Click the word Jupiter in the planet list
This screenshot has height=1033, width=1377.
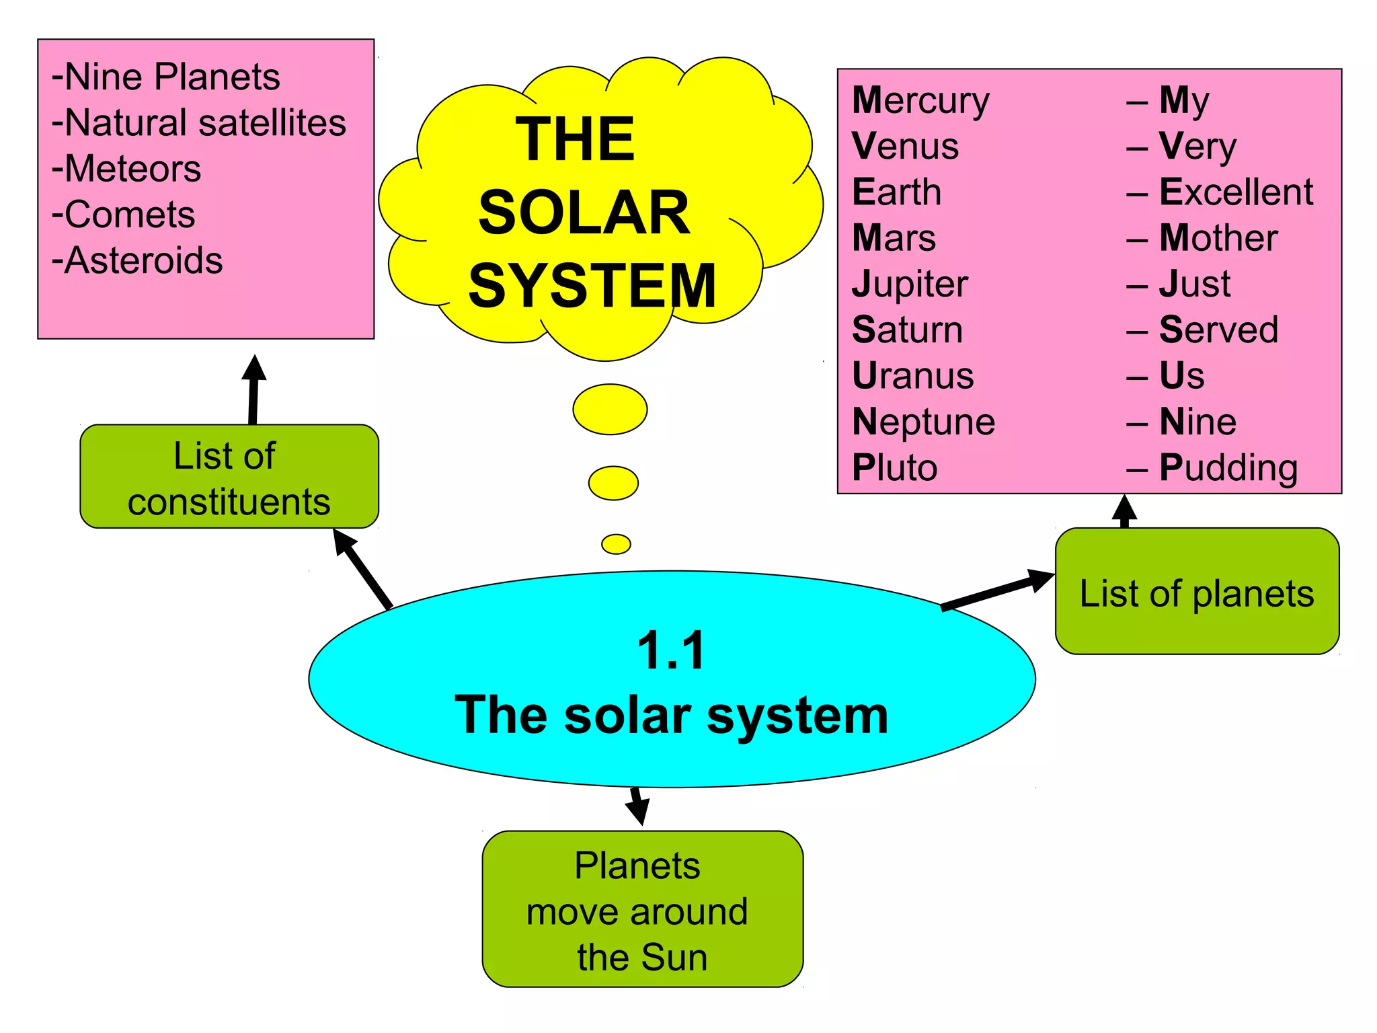pos(910,284)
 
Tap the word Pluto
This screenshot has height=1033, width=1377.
pos(894,467)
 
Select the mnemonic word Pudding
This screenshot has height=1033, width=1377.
pos(1228,467)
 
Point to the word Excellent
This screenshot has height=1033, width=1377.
pos(1236,192)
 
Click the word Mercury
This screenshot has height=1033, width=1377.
pos(920,101)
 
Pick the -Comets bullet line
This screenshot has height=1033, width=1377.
pos(124,215)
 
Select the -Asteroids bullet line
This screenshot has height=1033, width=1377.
pos(137,261)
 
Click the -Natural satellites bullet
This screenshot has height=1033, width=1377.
pos(199,124)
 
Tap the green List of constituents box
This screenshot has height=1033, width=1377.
pos(229,477)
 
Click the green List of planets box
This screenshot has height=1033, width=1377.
pos(1196,592)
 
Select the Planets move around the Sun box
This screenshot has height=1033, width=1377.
pos(642,909)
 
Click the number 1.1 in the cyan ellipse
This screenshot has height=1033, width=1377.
pos(671,651)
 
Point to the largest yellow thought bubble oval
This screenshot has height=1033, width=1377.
pos(610,410)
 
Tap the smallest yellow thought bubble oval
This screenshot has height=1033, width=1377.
pos(616,544)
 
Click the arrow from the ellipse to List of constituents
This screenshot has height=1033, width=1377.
pos(363,569)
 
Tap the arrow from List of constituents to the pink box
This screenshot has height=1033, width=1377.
pos(253,390)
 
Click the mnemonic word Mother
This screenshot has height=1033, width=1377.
pos(1218,238)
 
